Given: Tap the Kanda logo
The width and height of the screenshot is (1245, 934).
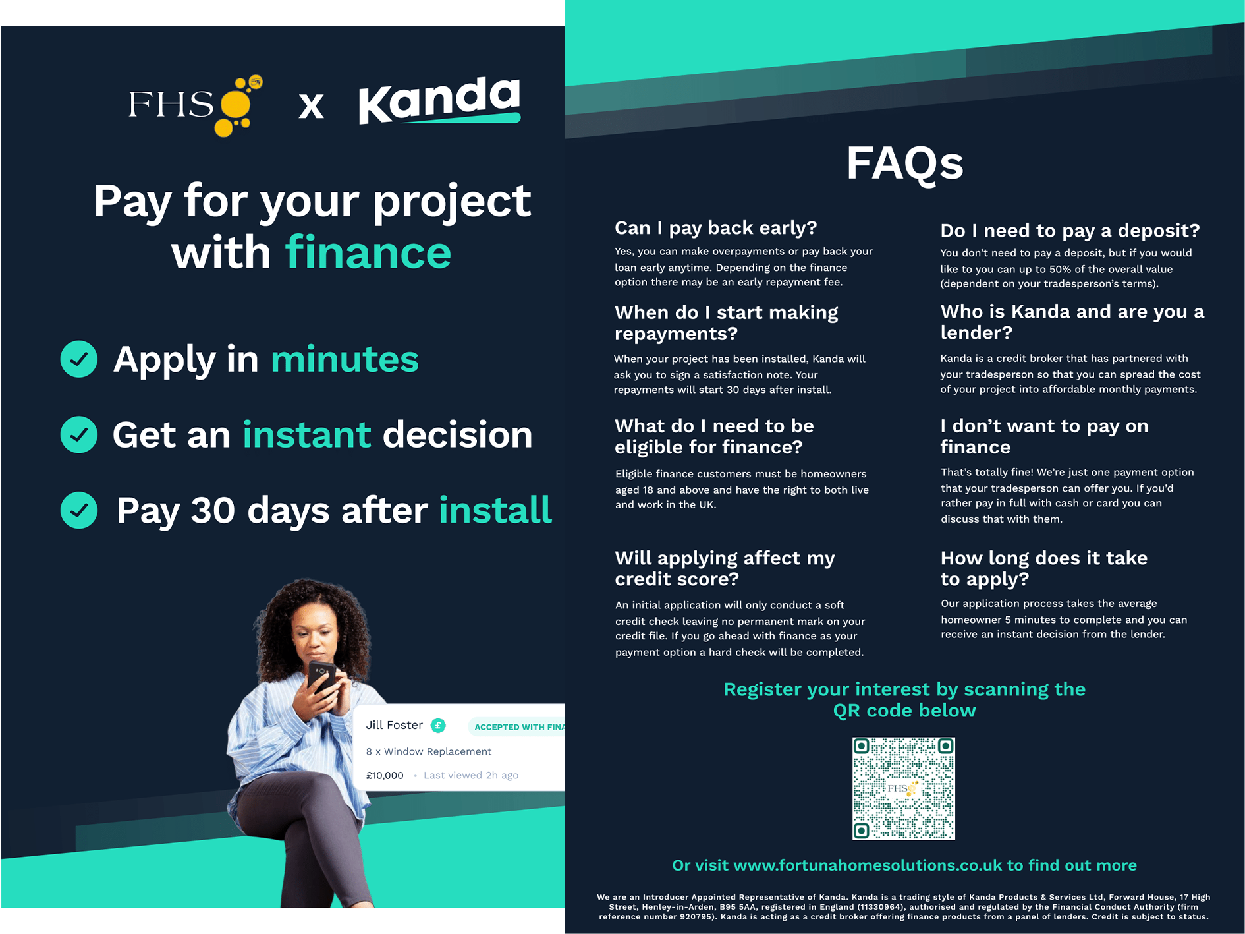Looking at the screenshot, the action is [439, 100].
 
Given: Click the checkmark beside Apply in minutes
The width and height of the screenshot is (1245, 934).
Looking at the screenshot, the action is [79, 359].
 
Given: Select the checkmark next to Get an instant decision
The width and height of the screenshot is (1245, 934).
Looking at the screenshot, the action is [79, 435].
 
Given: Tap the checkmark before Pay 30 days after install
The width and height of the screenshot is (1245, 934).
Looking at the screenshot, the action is [79, 510].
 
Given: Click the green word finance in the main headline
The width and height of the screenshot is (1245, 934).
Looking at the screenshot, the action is [368, 253].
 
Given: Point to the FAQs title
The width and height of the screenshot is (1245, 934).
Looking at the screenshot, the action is [904, 163].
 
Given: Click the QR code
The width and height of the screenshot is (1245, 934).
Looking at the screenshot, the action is [904, 788].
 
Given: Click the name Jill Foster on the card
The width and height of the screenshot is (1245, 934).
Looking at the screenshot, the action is [394, 725].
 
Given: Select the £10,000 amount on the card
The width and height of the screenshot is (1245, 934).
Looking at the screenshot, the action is [385, 776].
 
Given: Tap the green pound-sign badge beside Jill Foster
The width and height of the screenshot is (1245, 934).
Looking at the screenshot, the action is [438, 726].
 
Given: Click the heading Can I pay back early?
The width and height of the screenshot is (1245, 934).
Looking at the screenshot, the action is [715, 228].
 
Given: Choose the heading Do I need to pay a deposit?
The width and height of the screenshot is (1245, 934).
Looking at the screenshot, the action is [1070, 231].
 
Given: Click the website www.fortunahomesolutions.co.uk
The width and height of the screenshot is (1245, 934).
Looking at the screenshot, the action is [868, 865].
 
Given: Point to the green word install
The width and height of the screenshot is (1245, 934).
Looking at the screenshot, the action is [495, 510].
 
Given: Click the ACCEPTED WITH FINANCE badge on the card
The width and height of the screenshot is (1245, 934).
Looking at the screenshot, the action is [516, 727].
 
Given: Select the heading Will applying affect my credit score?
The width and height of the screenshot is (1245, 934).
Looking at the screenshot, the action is [725, 568].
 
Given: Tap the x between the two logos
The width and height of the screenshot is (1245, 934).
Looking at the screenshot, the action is [311, 105].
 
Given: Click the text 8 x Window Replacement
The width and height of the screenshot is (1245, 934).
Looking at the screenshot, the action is [429, 751].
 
